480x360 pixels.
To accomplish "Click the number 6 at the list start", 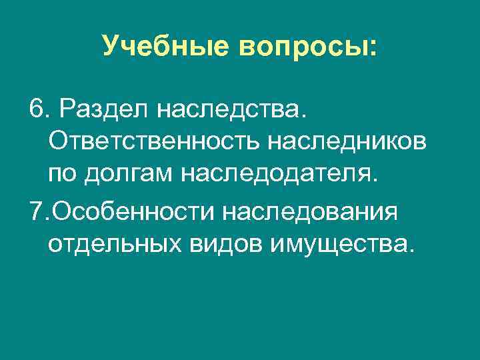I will [37, 107].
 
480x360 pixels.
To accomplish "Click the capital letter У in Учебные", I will [111, 46].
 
